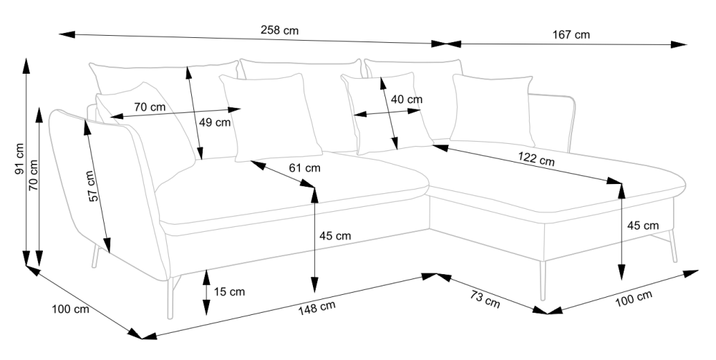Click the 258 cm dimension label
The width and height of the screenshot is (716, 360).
(280, 31)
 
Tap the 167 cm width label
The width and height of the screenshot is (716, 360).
(571, 34)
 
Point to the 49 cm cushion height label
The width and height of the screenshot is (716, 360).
(214, 122)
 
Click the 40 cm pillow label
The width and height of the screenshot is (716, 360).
(406, 99)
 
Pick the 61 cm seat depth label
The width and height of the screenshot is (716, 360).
(304, 168)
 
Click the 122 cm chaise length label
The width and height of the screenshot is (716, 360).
(536, 160)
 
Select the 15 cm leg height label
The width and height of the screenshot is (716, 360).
(229, 292)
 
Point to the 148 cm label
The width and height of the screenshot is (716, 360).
(317, 308)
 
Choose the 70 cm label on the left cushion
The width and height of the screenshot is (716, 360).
(150, 107)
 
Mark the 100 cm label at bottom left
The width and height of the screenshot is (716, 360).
(70, 310)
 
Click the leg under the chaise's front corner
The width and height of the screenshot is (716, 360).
(543, 280)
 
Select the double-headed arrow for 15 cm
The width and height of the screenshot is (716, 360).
(206, 292)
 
